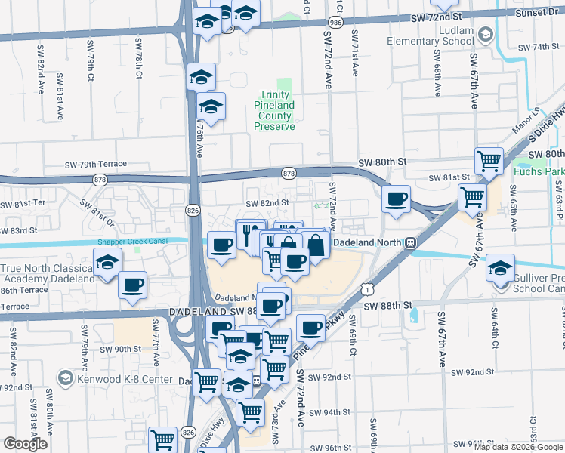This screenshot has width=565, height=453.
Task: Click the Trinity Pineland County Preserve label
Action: (x=273, y=116)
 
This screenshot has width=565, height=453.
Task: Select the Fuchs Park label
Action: (x=539, y=171)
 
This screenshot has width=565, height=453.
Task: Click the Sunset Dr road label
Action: (x=538, y=13)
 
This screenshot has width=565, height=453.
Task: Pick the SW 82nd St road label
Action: (x=267, y=202)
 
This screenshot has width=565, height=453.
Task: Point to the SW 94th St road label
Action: (x=331, y=412)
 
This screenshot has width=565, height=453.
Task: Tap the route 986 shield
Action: (x=334, y=24)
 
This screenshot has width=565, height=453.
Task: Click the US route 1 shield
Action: (x=367, y=287)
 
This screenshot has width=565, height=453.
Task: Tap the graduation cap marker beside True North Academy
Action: (x=107, y=263)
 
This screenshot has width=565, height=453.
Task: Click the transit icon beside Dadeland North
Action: (x=410, y=243)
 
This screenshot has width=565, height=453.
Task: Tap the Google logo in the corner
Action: (x=25, y=444)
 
